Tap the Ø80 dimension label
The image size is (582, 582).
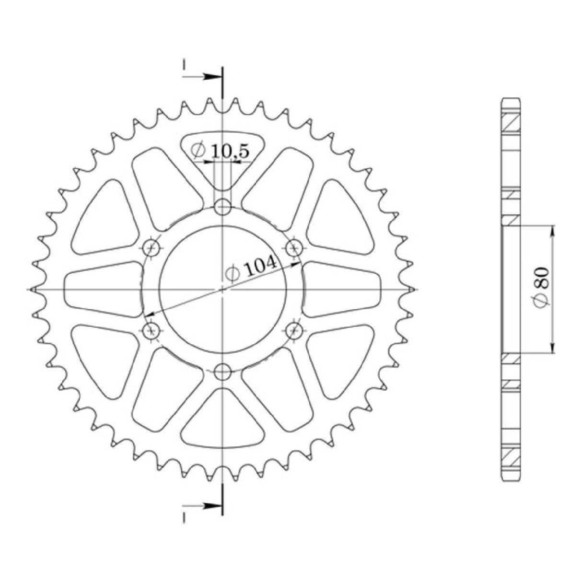coord(542,290)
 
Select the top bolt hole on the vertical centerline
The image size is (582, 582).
coord(222,208)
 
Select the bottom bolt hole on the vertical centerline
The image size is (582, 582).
coord(222,371)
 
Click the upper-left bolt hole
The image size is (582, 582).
coord(152,248)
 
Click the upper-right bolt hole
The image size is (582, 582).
coord(293,248)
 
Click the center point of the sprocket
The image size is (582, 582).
coord(222,290)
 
